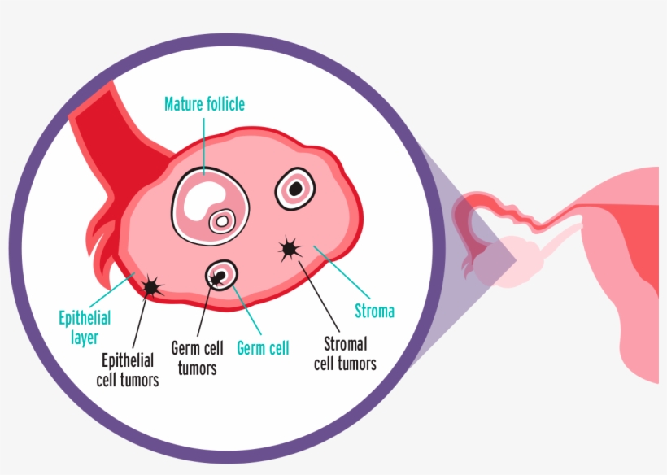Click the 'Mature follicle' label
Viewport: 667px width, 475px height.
(204, 104)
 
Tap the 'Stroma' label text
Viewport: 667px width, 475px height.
(374, 311)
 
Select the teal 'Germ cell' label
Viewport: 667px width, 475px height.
(263, 349)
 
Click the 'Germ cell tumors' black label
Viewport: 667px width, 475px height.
(198, 357)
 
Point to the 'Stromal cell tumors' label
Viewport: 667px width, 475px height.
(351, 354)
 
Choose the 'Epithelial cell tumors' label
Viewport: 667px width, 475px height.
(130, 369)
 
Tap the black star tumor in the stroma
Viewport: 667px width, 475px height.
(290, 250)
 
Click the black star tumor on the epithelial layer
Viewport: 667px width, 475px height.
(151, 286)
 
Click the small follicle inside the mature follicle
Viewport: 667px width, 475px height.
(221, 220)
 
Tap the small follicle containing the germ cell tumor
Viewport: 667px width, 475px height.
(220, 277)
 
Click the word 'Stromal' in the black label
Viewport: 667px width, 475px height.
(350, 344)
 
